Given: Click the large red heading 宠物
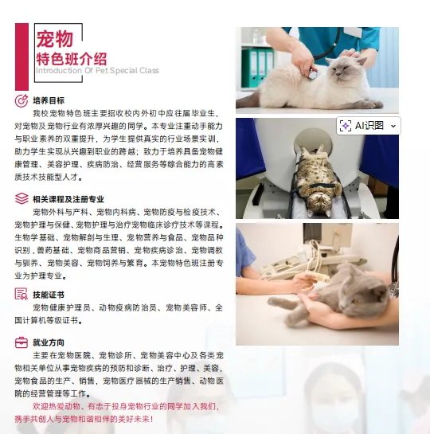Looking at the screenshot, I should coord(54,39).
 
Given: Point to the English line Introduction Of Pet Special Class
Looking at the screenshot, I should coord(96,71).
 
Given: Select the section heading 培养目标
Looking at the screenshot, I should coord(49,101).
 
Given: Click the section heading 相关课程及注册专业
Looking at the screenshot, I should coord(68,199).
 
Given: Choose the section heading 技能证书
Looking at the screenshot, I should coord(49,295).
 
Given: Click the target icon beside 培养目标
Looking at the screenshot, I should coord(21,101).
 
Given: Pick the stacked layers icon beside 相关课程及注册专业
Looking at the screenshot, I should coord(21,199).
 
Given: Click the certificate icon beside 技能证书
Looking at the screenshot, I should coord(21,295).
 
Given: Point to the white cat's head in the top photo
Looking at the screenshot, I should coord(351,71).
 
